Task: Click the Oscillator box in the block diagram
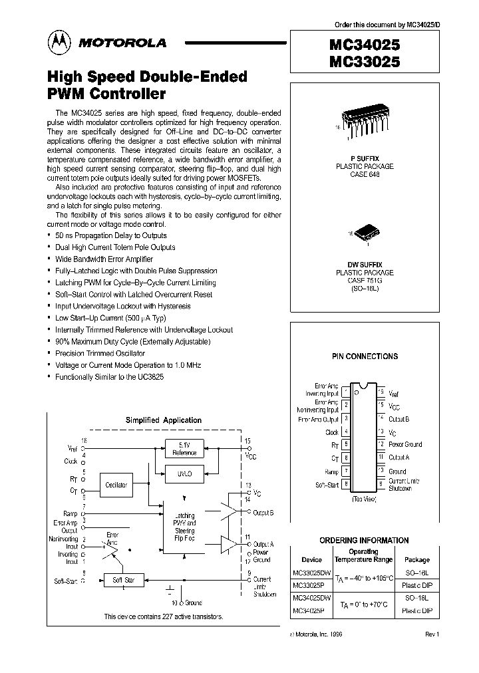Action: click(116, 485)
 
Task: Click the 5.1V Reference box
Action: click(184, 449)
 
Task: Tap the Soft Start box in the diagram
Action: click(124, 581)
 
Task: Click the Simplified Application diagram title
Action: click(164, 420)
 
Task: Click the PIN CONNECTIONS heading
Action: click(365, 356)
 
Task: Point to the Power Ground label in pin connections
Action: click(405, 444)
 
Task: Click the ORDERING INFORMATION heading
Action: click(365, 541)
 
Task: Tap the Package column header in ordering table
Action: click(418, 560)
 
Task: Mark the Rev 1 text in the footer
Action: click(432, 634)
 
